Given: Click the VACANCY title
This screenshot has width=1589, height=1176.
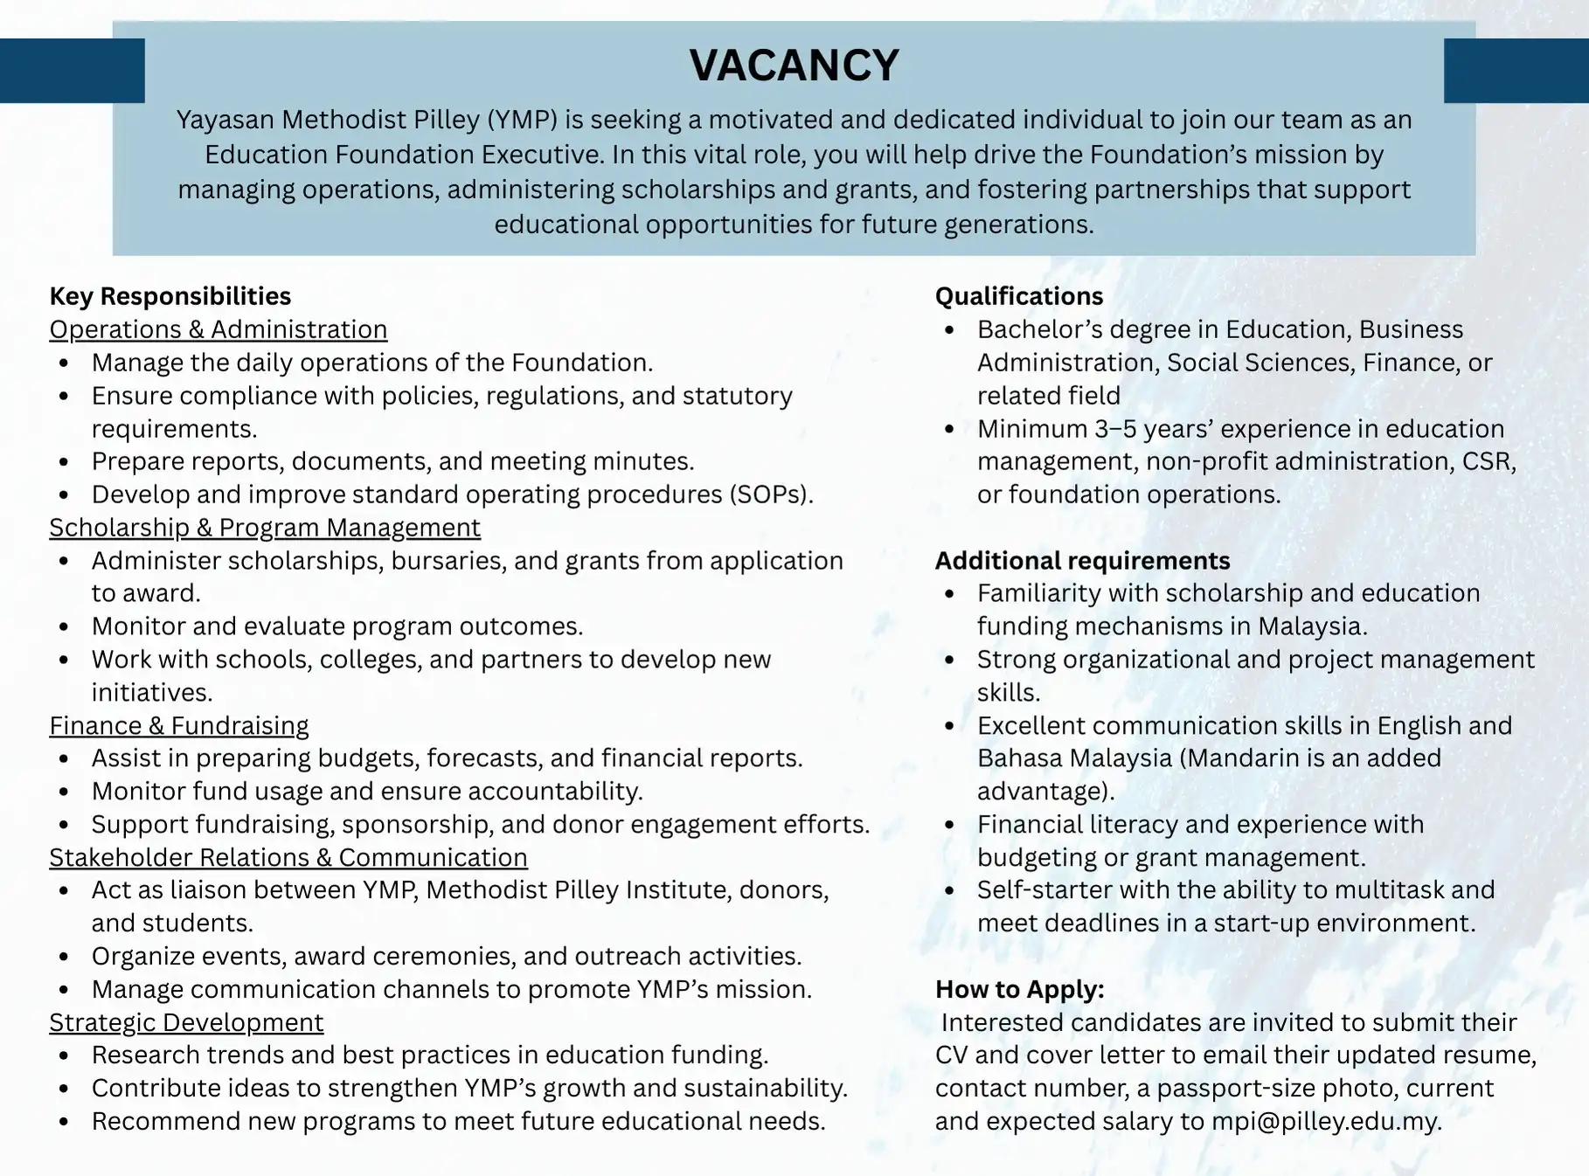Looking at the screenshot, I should click(794, 66).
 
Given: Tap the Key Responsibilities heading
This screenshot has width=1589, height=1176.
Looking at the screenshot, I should click(170, 296).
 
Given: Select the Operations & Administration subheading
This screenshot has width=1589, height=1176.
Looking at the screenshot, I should click(218, 329).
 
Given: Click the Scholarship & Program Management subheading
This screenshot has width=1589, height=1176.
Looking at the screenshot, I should click(264, 528).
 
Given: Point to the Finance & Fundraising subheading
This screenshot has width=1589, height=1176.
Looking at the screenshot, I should click(178, 726).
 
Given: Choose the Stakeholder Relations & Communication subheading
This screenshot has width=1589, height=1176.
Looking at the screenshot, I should click(288, 858).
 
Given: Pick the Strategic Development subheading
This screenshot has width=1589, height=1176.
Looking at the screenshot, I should click(185, 1022).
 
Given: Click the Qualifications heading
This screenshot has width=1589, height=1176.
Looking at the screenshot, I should click(1019, 296).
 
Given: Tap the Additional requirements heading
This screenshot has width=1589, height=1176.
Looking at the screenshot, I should click(1082, 561).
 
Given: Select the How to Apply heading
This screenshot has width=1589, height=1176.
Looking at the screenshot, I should click(1019, 989).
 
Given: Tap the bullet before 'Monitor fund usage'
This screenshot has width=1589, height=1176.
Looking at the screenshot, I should click(64, 792).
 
